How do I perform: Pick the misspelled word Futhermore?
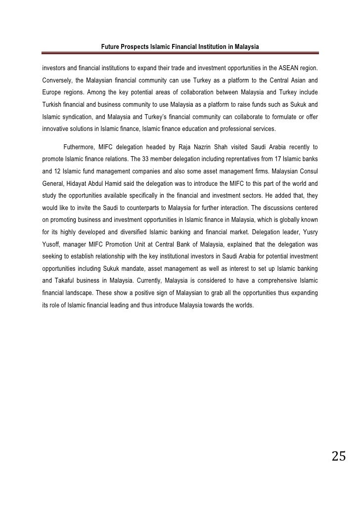[81, 147]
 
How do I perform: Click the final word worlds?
[243, 305]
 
